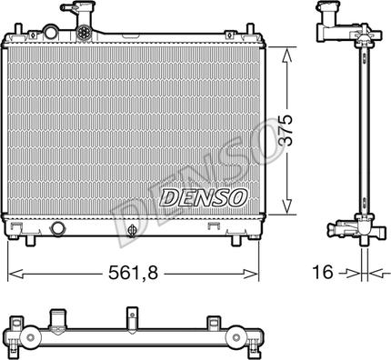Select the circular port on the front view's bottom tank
59,229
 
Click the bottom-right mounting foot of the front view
239,243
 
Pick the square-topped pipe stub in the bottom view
60,319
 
